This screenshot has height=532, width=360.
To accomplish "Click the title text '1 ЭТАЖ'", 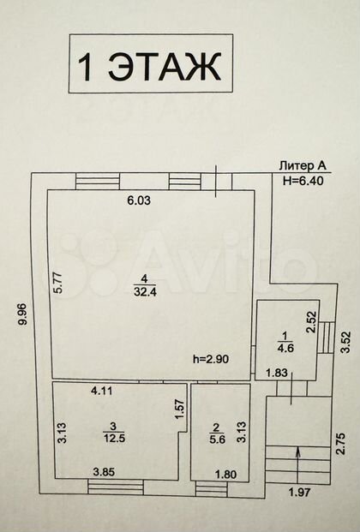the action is coord(149,66).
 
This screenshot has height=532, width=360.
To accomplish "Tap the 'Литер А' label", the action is coord(303,166).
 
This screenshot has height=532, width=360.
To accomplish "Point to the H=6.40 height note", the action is coord(303,181).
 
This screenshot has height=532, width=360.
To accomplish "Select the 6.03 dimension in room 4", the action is coord(139,200).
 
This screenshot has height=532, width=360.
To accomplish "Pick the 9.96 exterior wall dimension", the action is coord(23,314).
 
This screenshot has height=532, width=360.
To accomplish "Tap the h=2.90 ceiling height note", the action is coord(211,359).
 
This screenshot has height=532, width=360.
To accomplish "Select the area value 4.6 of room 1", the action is coord(285,348).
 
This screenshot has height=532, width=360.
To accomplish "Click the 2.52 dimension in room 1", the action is coord(313,323).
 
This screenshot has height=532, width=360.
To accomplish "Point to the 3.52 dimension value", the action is coord(345,344).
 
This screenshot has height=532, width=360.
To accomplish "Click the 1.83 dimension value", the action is coord(277,374).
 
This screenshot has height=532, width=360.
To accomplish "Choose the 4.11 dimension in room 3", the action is coord(101,392).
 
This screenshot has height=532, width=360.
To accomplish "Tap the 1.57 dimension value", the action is coord(180,410).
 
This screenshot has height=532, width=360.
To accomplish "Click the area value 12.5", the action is coord(115,438).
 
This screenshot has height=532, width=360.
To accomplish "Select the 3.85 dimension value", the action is coord(105,472).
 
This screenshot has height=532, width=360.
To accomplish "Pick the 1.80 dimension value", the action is coord(226,474).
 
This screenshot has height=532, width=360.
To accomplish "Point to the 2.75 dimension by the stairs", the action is coord(342,443).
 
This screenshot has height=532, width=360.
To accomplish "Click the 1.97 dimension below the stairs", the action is coord(299,492).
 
